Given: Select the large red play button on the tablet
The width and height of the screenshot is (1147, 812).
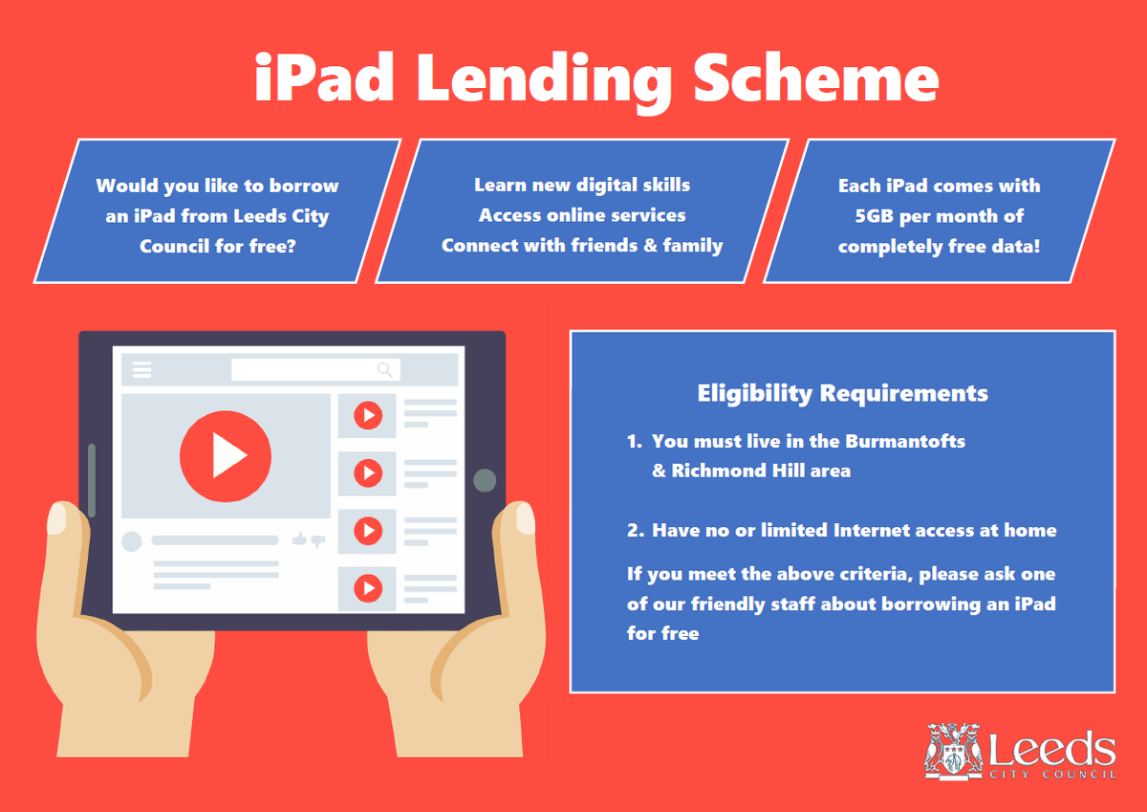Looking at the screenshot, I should (226, 456).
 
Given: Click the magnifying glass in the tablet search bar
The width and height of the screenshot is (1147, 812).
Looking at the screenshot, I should (385, 370).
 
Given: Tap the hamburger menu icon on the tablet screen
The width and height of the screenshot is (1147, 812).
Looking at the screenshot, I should (141, 370).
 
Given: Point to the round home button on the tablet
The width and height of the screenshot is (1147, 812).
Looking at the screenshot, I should (485, 480).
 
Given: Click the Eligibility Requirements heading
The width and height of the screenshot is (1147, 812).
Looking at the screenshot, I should (842, 393).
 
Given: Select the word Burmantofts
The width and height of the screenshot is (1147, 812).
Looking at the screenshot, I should (904, 441).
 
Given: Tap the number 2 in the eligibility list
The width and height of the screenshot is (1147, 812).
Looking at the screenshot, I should (633, 530).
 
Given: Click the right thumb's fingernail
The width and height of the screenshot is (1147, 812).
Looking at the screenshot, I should (525, 518).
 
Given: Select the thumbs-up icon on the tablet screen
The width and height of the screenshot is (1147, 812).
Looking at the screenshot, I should (299, 540).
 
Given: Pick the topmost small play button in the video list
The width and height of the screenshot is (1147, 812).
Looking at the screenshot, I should (367, 415).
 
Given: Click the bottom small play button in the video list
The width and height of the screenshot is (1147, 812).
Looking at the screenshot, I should (367, 587).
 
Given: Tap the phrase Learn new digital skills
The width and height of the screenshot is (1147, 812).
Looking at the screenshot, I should (582, 185).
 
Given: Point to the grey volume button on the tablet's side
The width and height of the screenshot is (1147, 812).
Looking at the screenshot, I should (92, 479).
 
